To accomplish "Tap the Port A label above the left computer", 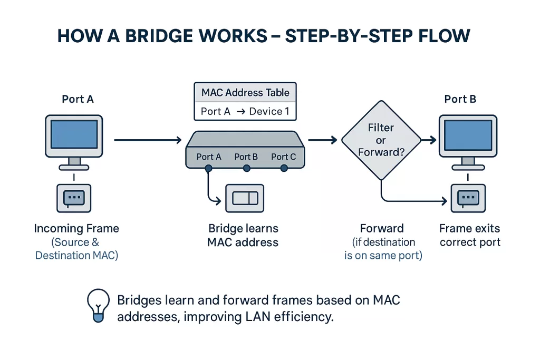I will click(x=78, y=99).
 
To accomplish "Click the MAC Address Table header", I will click(x=245, y=93).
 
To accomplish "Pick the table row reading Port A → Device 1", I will click(x=245, y=111).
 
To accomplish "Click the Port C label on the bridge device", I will click(x=283, y=157).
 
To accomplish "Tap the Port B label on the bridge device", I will click(x=246, y=157).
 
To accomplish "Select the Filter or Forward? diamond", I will click(x=381, y=140).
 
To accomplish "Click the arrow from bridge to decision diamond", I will click(x=322, y=140).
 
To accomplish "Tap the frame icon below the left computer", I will click(x=73, y=198).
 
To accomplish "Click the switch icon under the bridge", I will click(x=245, y=198).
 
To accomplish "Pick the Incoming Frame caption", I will click(x=76, y=229).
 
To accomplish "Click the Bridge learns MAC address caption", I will click(x=243, y=236).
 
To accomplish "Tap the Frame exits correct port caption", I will click(x=470, y=236).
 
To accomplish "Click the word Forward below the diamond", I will click(x=382, y=229).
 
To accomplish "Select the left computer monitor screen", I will click(x=74, y=136).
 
